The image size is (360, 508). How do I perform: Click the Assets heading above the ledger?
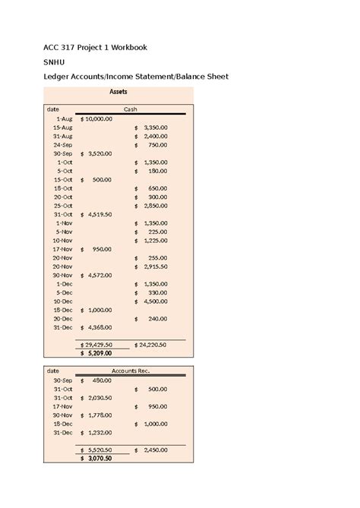coord(118,92)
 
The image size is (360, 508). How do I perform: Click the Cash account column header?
coord(130,109)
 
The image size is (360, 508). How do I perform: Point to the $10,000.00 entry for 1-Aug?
coord(96,118)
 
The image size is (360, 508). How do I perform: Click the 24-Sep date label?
coord(63,144)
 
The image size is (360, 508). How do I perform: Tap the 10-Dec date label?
coord(64,301)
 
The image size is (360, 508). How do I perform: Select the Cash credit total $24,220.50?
coord(150,344)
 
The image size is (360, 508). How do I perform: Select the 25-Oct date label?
coord(63,206)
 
